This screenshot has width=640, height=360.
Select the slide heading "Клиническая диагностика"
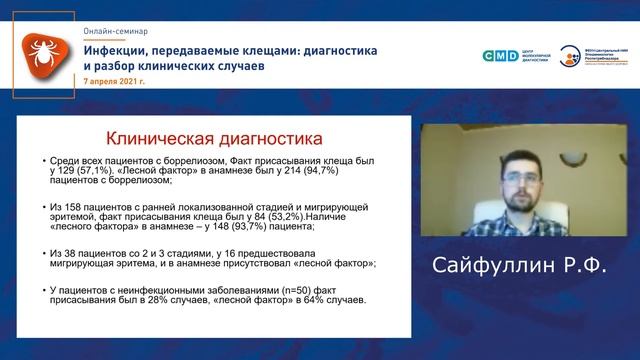click(214, 136)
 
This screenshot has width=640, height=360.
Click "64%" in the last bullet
click(327, 299)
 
